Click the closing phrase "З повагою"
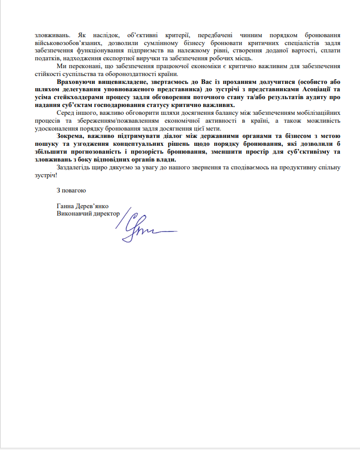tap(71, 190)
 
